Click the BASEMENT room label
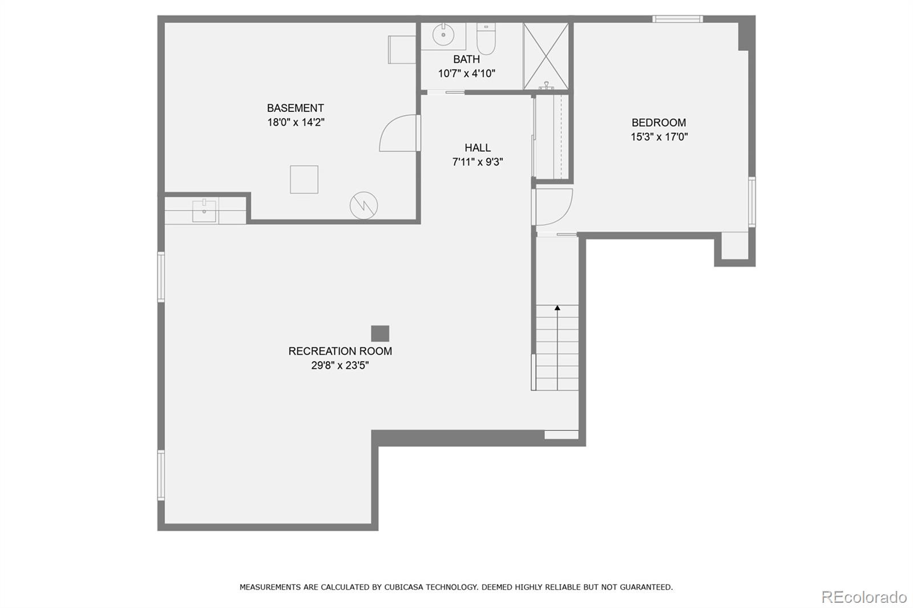pyautogui.click(x=295, y=108)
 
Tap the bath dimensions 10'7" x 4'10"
pyautogui.click(x=466, y=74)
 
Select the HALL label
pyautogui.click(x=477, y=148)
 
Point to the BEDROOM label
pyautogui.click(x=659, y=123)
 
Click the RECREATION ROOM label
pyautogui.click(x=340, y=351)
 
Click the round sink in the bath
pyautogui.click(x=443, y=35)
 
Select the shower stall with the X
pyautogui.click(x=546, y=56)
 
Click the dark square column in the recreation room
pyautogui.click(x=380, y=334)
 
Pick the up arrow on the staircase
pyautogui.click(x=558, y=308)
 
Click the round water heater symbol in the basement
pyautogui.click(x=363, y=205)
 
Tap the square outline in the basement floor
pyautogui.click(x=304, y=180)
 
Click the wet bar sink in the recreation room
pyautogui.click(x=204, y=210)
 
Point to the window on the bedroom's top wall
pyautogui.click(x=677, y=19)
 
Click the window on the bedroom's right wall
pyautogui.click(x=752, y=202)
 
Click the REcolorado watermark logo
pyautogui.click(x=864, y=597)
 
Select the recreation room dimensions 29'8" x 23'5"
pyautogui.click(x=340, y=366)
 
